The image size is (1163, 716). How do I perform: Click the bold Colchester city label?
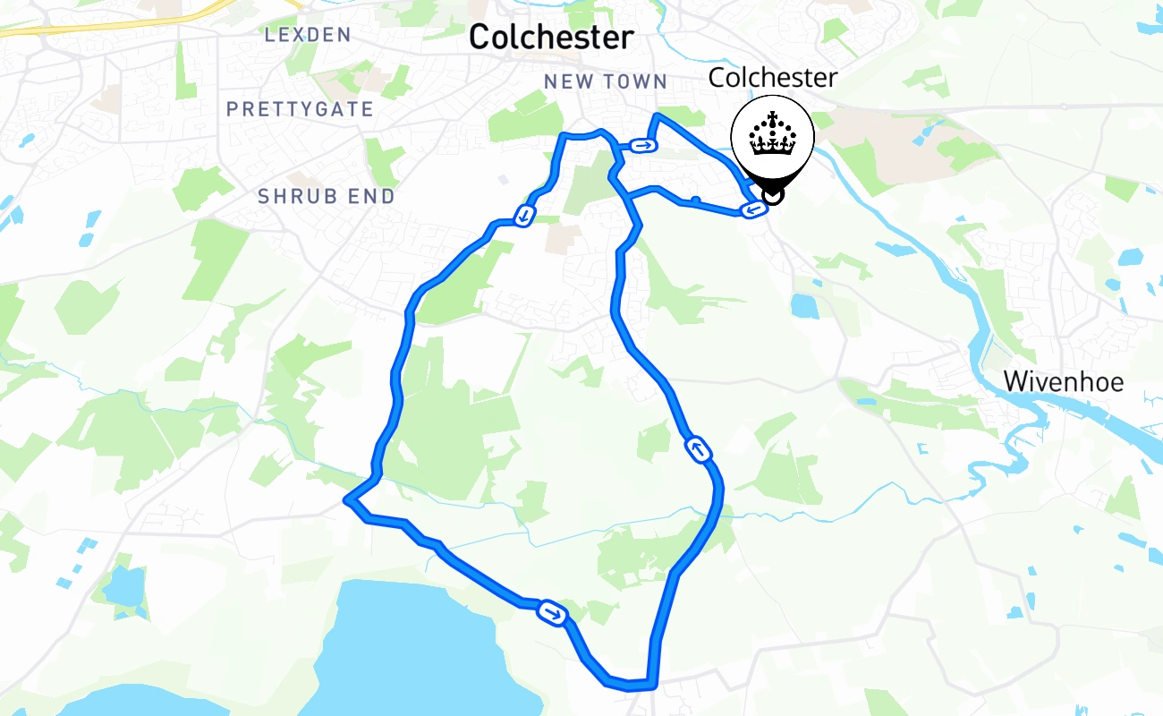[550, 38]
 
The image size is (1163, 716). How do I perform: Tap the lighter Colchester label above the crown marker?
[772, 78]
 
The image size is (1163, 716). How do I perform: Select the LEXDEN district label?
[308, 35]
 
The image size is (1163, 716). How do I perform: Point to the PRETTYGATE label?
[300, 109]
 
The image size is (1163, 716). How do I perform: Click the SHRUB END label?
[327, 197]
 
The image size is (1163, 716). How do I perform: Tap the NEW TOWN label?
[606, 82]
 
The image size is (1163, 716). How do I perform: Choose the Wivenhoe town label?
[1063, 382]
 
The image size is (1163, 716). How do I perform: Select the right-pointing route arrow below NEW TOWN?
[641, 145]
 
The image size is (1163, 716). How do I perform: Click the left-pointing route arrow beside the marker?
[752, 210]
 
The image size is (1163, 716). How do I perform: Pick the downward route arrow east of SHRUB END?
[524, 215]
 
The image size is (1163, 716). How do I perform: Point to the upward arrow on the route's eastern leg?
[699, 448]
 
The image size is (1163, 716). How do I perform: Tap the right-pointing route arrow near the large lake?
[552, 613]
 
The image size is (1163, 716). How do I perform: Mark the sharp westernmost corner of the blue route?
[347, 501]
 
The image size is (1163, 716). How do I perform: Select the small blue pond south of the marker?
[804, 306]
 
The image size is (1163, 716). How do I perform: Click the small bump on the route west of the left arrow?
[695, 200]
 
